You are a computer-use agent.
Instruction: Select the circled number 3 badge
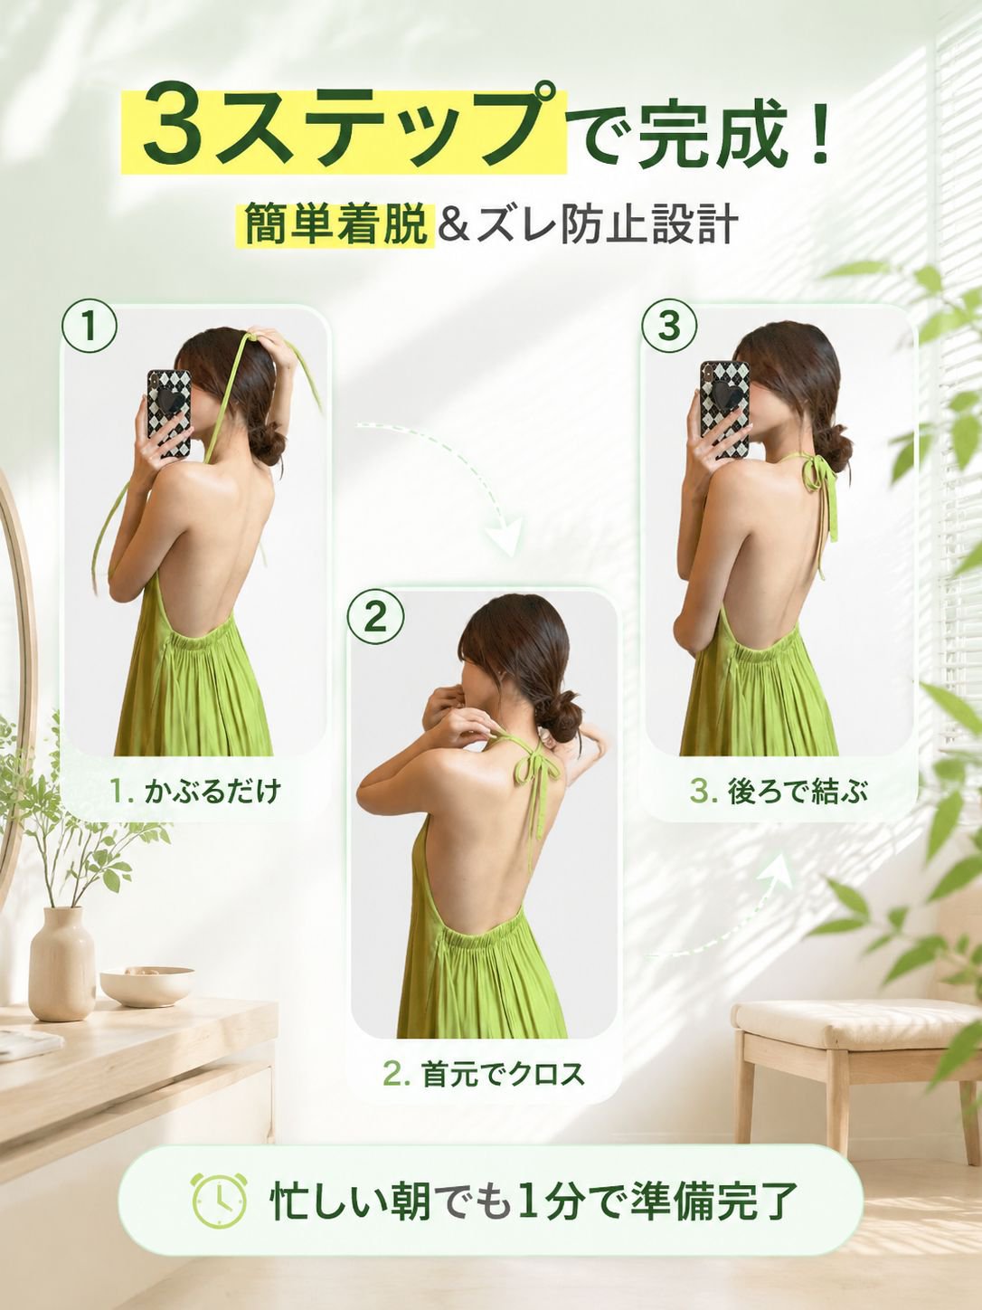[x=669, y=327]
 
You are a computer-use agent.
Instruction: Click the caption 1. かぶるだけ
[x=195, y=792]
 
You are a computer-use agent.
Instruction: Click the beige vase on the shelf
[x=61, y=964]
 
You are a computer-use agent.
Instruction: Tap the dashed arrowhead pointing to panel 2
[x=504, y=535]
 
